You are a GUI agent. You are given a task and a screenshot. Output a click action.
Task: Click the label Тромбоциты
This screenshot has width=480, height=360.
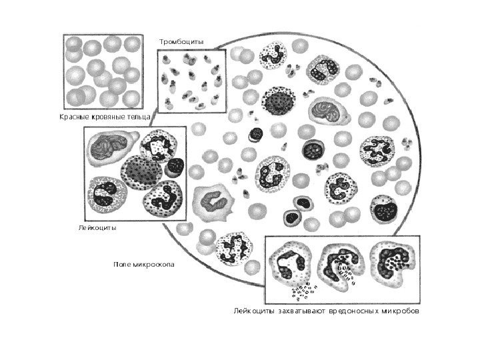pyautogui.click(x=181, y=42)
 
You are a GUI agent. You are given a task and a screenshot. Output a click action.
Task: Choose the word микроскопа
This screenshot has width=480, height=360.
pyautogui.click(x=153, y=265)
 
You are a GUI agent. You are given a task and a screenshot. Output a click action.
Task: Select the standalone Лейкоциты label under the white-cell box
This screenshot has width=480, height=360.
pyautogui.click(x=97, y=227)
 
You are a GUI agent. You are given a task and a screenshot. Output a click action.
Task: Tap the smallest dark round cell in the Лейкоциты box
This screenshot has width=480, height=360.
pyautogui.click(x=175, y=166)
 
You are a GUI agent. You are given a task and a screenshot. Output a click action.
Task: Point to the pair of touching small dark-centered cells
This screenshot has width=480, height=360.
pyautogui.click(x=297, y=209)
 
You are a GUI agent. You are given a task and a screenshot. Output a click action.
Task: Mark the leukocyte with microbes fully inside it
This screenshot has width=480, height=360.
pyautogui.click(x=391, y=263)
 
